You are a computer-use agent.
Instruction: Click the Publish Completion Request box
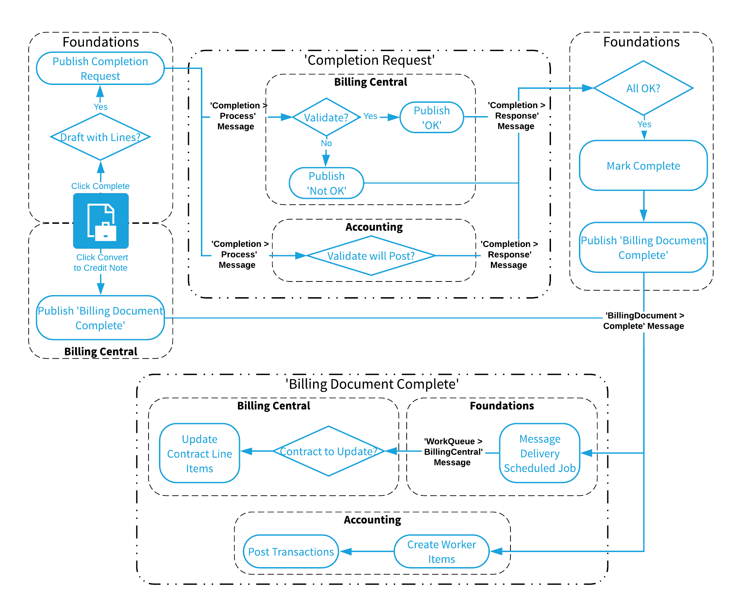click(x=100, y=69)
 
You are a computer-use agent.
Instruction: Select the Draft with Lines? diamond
click(x=100, y=137)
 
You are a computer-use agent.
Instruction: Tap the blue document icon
click(x=101, y=221)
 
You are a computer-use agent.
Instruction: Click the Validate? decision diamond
click(x=326, y=117)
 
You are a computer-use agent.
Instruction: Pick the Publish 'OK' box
click(x=431, y=117)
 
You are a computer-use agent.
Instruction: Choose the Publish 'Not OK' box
click(x=326, y=183)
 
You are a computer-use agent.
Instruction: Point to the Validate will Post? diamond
click(x=371, y=256)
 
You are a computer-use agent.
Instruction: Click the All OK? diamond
click(x=643, y=88)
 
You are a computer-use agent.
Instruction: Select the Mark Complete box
click(x=643, y=166)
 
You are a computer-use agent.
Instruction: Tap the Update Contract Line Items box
click(x=199, y=453)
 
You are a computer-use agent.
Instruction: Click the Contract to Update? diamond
click(x=328, y=451)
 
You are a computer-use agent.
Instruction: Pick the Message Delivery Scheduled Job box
click(x=539, y=453)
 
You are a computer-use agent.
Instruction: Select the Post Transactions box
click(x=291, y=551)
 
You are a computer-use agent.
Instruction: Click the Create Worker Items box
click(x=441, y=551)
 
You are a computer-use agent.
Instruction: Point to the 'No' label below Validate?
click(x=326, y=143)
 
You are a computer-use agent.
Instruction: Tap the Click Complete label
click(x=100, y=186)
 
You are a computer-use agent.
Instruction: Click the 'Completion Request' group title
click(x=369, y=60)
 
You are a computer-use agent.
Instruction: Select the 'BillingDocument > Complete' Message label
click(x=643, y=321)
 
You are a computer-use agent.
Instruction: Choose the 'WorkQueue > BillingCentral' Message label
click(x=453, y=452)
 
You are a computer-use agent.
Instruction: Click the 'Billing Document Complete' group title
click(x=372, y=384)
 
